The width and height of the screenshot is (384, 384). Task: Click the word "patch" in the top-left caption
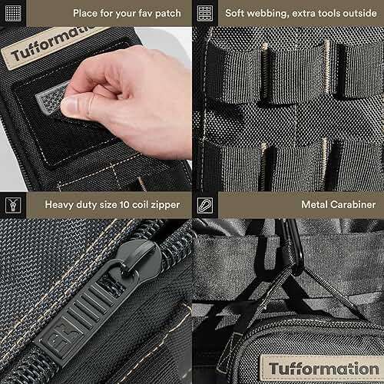point(165,14)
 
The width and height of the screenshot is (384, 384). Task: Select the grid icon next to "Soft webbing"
point(204,14)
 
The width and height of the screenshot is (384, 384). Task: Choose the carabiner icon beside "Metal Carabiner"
point(204,205)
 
